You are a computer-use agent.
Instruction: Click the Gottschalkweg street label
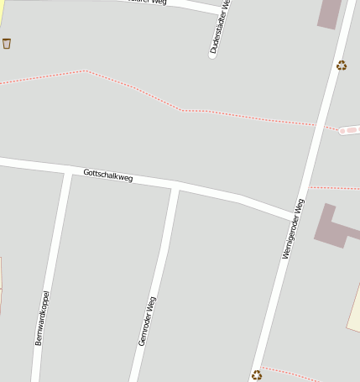coord(108,176)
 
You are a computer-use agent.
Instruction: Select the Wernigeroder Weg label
coord(294,228)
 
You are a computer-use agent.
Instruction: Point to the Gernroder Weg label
coord(147,321)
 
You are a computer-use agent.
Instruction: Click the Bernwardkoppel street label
coord(43,318)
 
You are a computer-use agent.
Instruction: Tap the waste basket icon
coord(7,43)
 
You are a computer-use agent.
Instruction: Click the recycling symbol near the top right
coord(342,65)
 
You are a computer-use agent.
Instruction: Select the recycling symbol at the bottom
coord(257,375)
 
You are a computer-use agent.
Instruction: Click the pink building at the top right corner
coord(330,13)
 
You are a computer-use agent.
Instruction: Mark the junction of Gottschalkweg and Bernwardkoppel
coord(67,170)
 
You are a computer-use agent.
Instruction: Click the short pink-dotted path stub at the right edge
coord(349,130)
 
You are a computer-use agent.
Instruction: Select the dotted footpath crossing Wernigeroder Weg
coord(252,117)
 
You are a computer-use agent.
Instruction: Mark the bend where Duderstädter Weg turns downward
coord(220,10)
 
